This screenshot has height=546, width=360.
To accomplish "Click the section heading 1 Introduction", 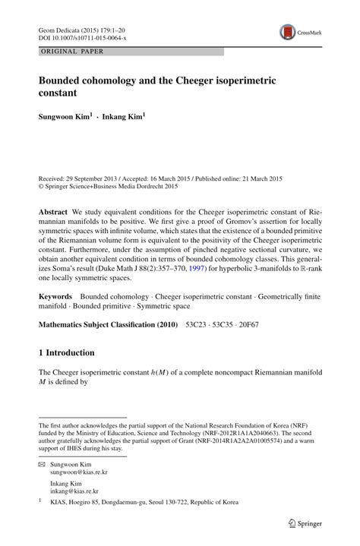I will pyautogui.click(x=66, y=353).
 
